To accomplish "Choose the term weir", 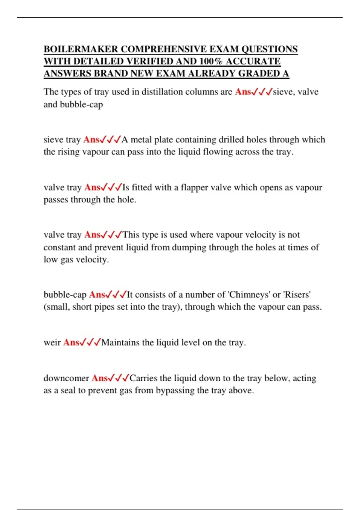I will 52,343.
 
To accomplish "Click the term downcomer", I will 66,378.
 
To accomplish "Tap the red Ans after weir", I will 71,343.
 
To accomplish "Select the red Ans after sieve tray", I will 91,140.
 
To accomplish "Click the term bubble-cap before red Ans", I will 65,295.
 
